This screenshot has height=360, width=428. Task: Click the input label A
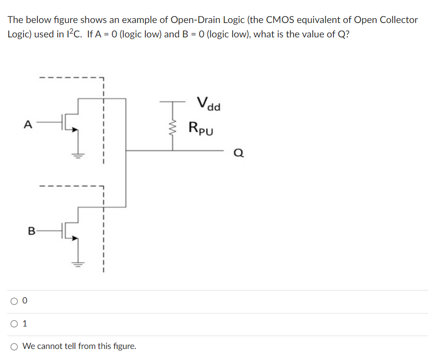pyautogui.click(x=28, y=125)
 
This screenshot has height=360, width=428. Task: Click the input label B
pyautogui.click(x=31, y=231)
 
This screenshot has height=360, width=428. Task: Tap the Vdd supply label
pyautogui.click(x=208, y=104)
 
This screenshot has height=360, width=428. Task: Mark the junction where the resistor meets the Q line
pyautogui.click(x=173, y=151)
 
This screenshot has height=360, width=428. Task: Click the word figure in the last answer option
pyautogui.click(x=124, y=346)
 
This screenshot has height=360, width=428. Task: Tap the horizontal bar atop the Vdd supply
pyautogui.click(x=173, y=102)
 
